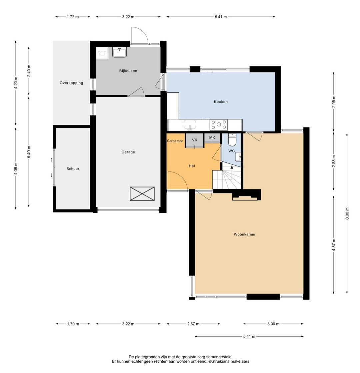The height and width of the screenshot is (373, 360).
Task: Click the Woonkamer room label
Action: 245,234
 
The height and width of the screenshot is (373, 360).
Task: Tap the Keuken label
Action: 221,101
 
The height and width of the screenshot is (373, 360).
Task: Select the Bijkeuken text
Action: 128,71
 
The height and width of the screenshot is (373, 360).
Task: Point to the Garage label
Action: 128,152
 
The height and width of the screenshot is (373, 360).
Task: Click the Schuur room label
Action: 73,169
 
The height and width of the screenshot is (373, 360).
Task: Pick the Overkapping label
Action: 71,83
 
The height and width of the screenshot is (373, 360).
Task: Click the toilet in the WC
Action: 232,140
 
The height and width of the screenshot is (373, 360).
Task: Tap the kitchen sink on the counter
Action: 190,125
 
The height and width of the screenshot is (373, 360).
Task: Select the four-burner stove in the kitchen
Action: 218,125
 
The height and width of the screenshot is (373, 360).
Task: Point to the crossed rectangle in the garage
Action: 142,194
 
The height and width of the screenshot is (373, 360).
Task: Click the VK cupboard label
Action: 195,140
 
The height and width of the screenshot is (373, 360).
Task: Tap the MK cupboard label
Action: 212,137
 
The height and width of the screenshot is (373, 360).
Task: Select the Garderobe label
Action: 175,141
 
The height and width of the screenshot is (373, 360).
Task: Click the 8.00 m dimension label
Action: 347,214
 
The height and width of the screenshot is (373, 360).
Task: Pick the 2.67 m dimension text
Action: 193,324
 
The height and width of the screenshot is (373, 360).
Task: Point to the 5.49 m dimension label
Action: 29,152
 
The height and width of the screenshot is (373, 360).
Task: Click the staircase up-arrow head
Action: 232,167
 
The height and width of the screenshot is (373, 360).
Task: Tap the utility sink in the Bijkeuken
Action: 120,52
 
